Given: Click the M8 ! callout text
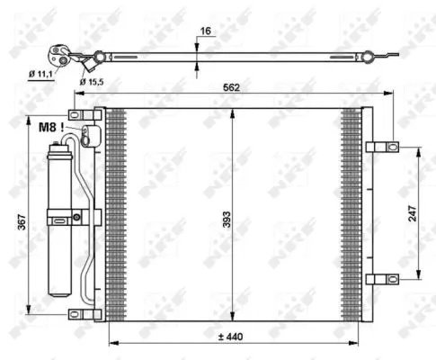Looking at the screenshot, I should (51, 128).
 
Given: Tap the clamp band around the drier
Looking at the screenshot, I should (63, 217).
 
